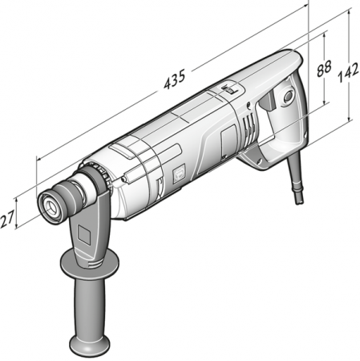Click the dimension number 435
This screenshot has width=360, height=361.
pyautogui.click(x=175, y=79)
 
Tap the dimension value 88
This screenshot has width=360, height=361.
pyautogui.click(x=324, y=68)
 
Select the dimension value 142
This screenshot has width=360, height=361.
pyautogui.click(x=348, y=72)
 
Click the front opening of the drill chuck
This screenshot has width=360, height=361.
pyautogui.click(x=52, y=206)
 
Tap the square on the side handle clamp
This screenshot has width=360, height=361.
pyautogui.click(x=85, y=233)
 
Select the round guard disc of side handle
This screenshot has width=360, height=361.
pyautogui.click(x=90, y=263)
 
